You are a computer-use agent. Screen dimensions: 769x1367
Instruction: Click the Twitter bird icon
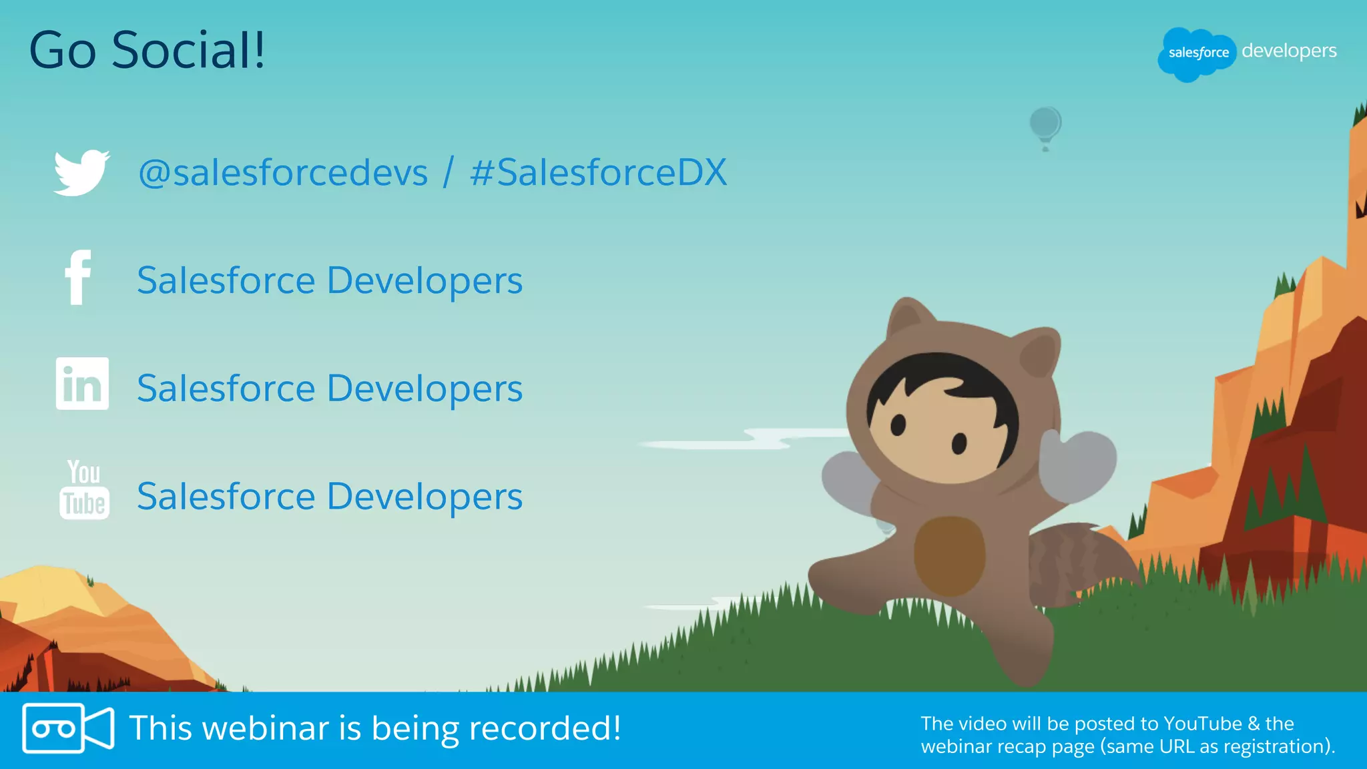[x=81, y=172]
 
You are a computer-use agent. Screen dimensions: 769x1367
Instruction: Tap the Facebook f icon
[x=78, y=278]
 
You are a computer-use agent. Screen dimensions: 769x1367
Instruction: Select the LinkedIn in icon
[x=82, y=383]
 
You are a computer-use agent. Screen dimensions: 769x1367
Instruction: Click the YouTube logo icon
[x=84, y=490]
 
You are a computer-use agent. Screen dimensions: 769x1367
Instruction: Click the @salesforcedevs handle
[x=282, y=173]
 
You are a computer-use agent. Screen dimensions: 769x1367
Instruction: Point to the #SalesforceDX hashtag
[x=598, y=173]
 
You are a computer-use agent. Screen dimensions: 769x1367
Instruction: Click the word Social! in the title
[x=189, y=50]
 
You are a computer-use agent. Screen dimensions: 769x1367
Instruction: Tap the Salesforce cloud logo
[x=1197, y=53]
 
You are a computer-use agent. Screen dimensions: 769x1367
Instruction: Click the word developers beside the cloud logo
[x=1289, y=51]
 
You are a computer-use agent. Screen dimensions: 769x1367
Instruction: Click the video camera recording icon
[x=67, y=728]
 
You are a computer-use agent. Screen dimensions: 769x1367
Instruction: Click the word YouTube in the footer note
[x=1202, y=724]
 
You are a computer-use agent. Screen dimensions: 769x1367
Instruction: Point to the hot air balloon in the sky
[x=1045, y=125]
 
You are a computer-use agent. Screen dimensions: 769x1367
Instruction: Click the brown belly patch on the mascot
[x=948, y=554]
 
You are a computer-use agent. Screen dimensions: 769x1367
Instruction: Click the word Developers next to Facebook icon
[x=425, y=280]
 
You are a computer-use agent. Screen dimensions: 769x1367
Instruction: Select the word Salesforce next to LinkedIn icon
[x=226, y=389]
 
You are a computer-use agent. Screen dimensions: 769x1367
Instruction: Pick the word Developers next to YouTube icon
[x=425, y=497]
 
